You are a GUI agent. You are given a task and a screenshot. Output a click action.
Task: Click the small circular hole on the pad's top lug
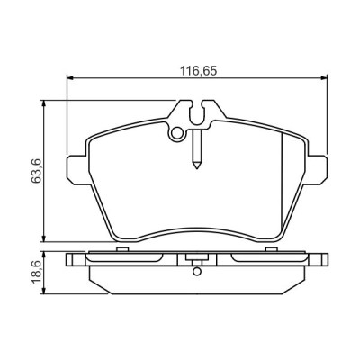[x=178, y=135]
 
